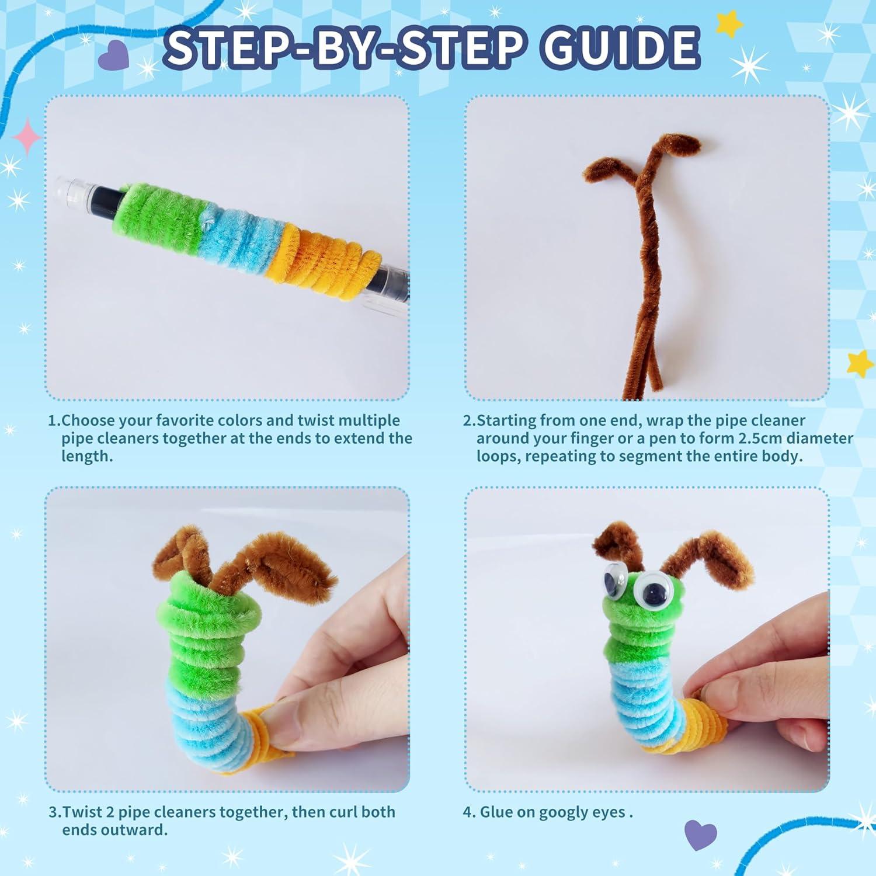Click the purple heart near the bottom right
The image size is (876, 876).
click(x=700, y=835)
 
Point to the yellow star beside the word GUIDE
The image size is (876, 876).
click(x=729, y=24)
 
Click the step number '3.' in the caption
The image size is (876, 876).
click(x=55, y=812)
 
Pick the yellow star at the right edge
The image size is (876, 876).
click(x=859, y=364)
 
